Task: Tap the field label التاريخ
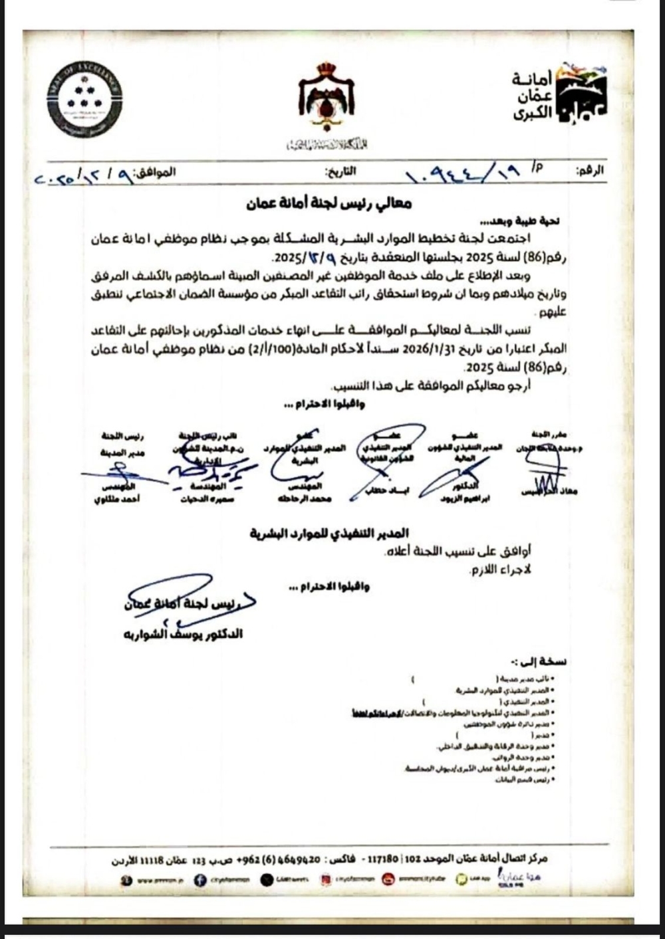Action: pyautogui.click(x=340, y=171)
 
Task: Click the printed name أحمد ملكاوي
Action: pyautogui.click(x=116, y=499)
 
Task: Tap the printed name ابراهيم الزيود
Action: pyautogui.click(x=465, y=500)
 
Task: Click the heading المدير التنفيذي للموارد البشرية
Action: pyautogui.click(x=329, y=533)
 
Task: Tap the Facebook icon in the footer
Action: pyautogui.click(x=199, y=880)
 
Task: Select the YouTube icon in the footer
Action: pyautogui.click(x=388, y=880)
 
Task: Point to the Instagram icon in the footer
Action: pyautogui.click(x=326, y=880)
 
